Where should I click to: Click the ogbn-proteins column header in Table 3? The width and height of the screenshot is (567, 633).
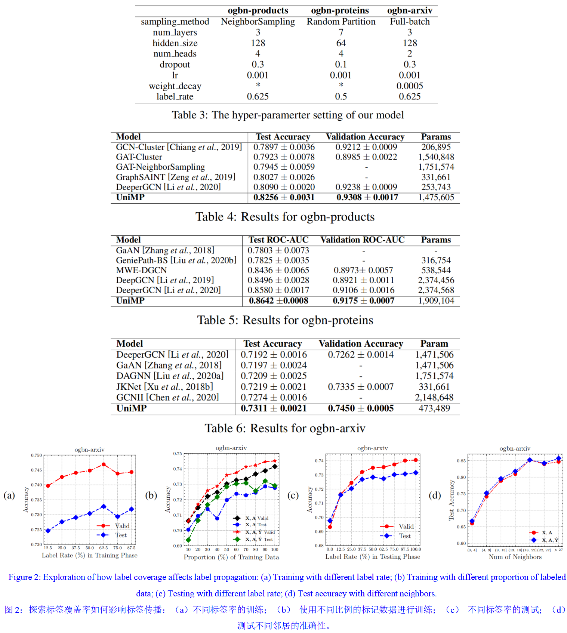pyautogui.click(x=340, y=10)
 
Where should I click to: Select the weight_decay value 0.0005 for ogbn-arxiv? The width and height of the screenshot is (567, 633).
pyautogui.click(x=410, y=86)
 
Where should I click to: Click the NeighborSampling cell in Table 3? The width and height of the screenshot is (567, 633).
pyautogui.click(x=258, y=22)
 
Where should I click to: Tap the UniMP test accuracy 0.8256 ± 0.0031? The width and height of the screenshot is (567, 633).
pyautogui.click(x=284, y=197)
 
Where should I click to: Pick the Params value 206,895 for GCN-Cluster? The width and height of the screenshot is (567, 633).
pyautogui.click(x=436, y=147)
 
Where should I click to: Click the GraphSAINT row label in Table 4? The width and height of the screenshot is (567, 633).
pyautogui.click(x=176, y=177)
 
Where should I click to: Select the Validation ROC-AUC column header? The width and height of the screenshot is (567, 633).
pyautogui.click(x=362, y=240)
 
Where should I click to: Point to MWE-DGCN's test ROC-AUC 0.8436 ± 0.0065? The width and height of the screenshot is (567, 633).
pyautogui.click(x=278, y=270)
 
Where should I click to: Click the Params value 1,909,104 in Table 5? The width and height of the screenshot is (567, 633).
pyautogui.click(x=436, y=301)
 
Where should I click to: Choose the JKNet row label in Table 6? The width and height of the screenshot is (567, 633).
pyautogui.click(x=164, y=387)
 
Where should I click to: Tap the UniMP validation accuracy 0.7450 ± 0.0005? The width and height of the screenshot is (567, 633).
pyautogui.click(x=361, y=408)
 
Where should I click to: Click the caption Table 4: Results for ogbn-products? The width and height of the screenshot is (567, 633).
pyautogui.click(x=285, y=217)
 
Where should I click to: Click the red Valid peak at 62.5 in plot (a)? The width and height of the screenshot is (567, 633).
pyautogui.click(x=104, y=464)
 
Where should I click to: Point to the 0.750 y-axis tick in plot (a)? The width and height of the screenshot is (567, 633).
pyautogui.click(x=36, y=455)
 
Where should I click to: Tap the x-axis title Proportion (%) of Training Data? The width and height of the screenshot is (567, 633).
pyautogui.click(x=231, y=557)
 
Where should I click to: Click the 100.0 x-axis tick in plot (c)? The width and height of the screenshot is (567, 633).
pyautogui.click(x=415, y=549)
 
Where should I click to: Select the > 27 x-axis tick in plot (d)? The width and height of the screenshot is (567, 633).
pyautogui.click(x=558, y=550)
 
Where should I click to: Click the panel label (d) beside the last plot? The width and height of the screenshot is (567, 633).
pyautogui.click(x=435, y=495)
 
